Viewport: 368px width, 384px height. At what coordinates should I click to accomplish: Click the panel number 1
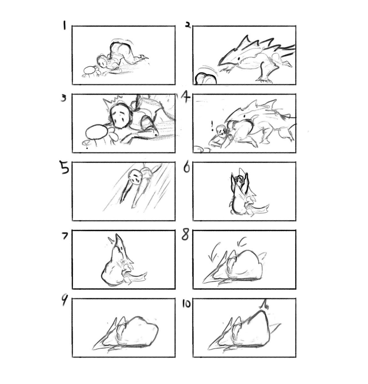click(64, 26)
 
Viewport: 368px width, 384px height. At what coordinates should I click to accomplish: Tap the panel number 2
click(188, 25)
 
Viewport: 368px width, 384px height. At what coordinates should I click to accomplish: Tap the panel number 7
click(64, 236)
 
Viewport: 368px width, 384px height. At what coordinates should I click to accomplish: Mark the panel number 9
click(64, 301)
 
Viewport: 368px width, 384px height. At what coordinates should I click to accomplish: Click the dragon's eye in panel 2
click(239, 59)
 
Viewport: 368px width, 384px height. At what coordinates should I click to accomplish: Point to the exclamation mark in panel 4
click(212, 125)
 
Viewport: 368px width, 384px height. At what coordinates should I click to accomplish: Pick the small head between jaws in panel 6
click(239, 180)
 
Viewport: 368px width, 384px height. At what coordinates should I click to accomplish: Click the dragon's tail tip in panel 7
click(146, 273)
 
